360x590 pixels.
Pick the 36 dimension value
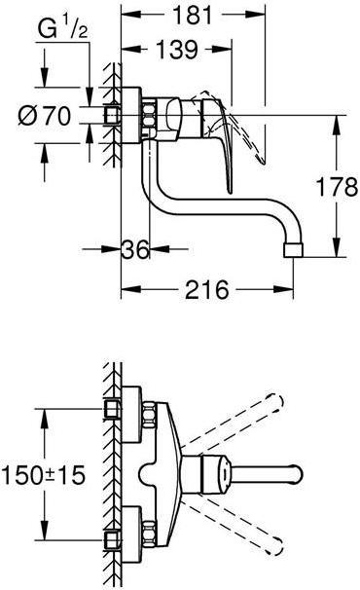(x=137, y=251)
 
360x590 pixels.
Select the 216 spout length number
(x=205, y=289)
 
